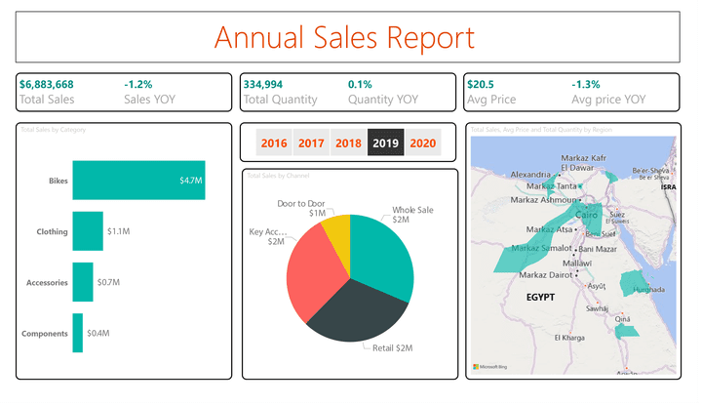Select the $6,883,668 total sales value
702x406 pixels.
point(47,84)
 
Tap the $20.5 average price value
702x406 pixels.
point(481,84)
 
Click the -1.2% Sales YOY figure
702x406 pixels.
point(138,84)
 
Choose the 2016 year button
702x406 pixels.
point(274,143)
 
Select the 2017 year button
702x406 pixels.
point(311,143)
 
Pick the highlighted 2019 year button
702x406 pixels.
point(385,143)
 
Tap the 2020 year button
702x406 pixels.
point(422,143)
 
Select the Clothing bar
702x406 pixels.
point(87,231)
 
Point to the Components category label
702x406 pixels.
point(45,334)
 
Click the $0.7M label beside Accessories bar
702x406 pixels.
point(108,283)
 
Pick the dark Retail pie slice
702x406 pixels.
point(357,312)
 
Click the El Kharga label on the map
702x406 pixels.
point(569,338)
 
